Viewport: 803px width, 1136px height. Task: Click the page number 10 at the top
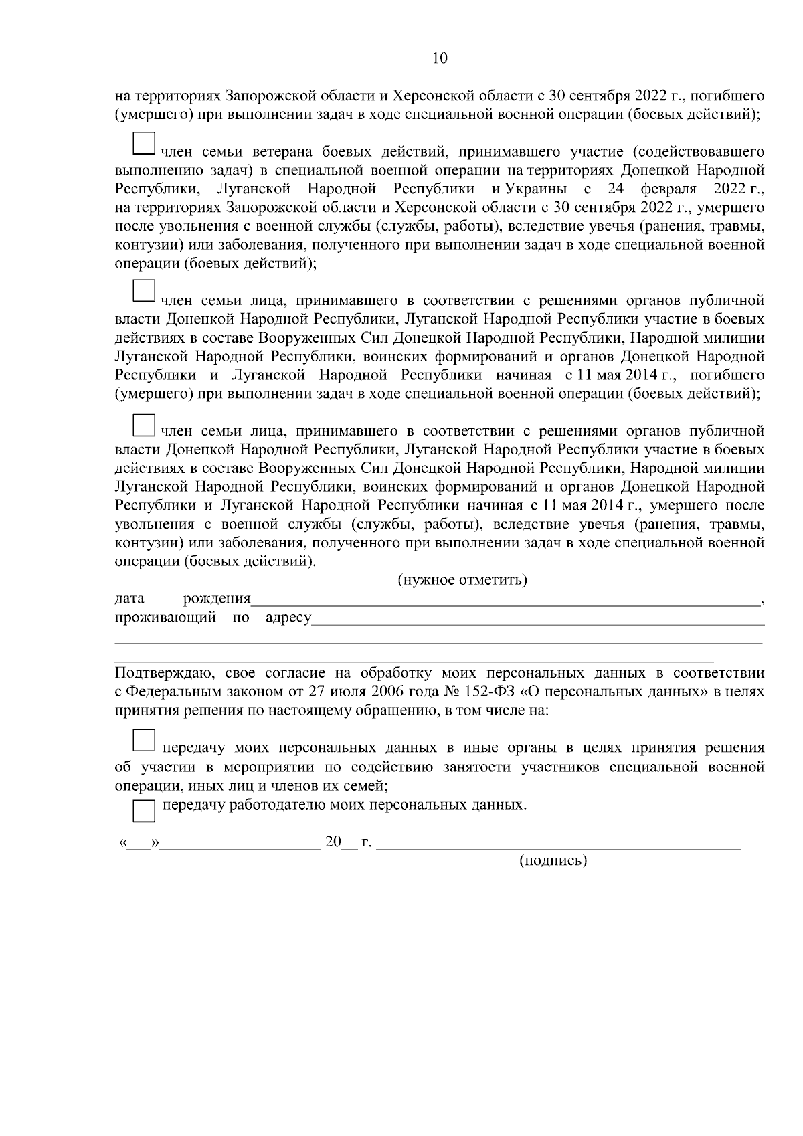(x=440, y=58)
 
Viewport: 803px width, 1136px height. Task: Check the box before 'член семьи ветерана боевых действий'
(x=144, y=143)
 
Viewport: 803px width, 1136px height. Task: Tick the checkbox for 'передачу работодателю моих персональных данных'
(x=144, y=811)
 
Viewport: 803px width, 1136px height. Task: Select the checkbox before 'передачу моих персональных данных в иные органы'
(x=144, y=740)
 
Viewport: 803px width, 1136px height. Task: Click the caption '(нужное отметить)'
(x=462, y=579)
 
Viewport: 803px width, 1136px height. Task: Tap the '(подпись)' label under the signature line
(x=553, y=860)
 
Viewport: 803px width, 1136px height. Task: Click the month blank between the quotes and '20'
(x=241, y=844)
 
